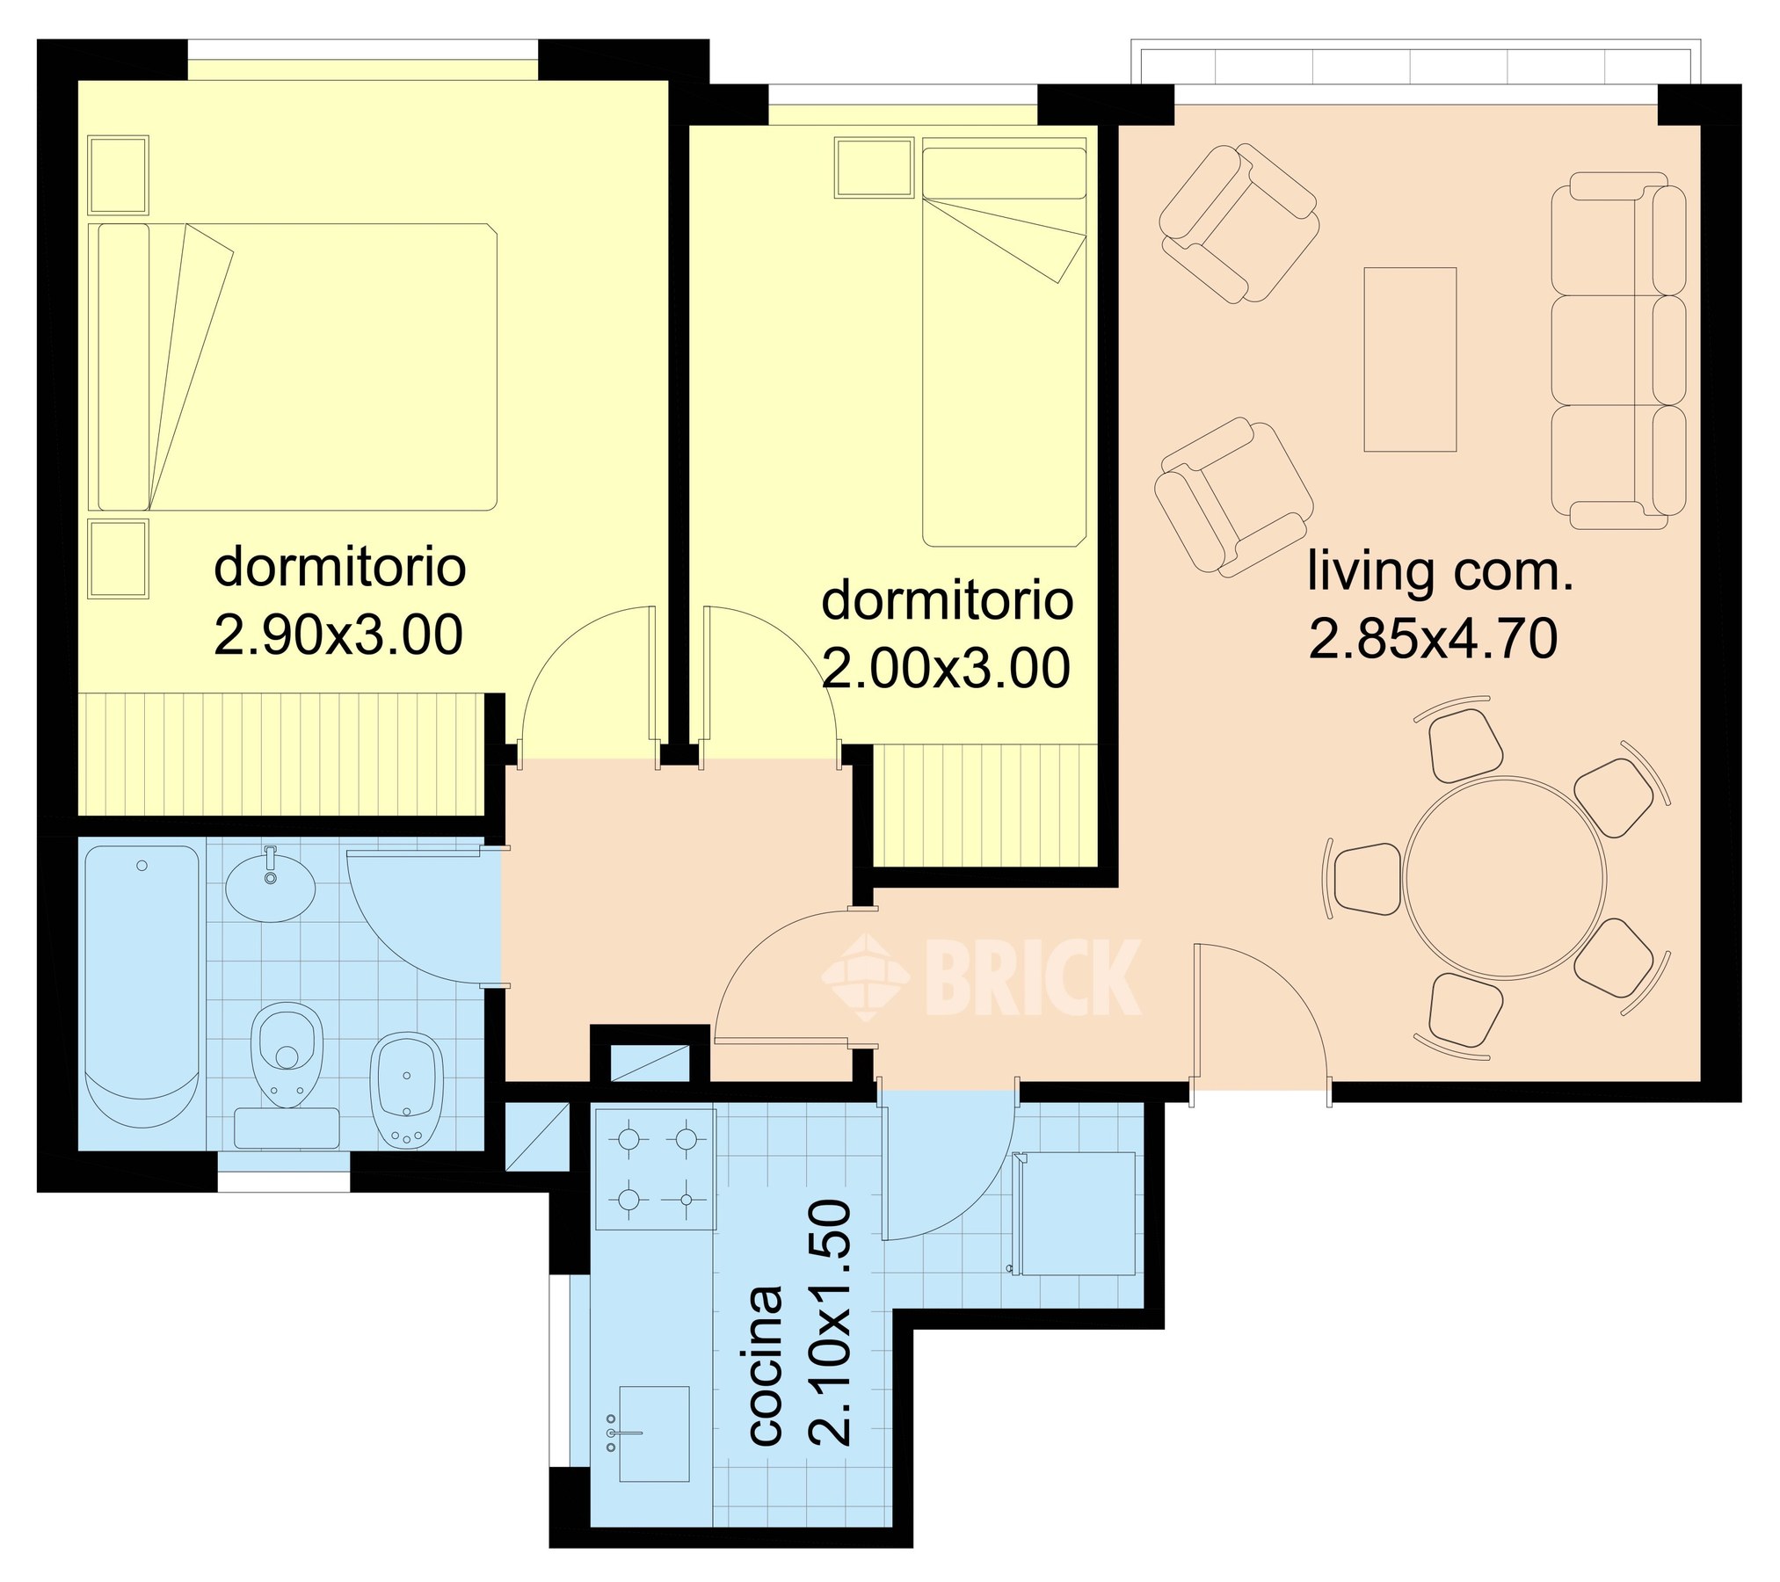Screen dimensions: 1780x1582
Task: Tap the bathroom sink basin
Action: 271,889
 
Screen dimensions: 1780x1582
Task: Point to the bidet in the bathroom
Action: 407,1090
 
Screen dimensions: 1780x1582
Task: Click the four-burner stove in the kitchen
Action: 656,1168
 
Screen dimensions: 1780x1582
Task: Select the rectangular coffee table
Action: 1410,359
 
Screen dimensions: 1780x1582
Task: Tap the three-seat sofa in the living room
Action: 1618,351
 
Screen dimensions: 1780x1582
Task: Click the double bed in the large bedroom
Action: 297,366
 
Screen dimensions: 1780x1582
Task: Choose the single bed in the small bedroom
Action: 1005,346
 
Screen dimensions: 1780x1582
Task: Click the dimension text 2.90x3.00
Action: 338,635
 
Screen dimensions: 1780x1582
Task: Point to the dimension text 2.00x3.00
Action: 947,668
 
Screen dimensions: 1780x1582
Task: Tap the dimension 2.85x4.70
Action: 1434,638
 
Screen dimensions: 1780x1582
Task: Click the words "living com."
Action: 1440,570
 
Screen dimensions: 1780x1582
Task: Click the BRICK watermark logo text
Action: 1033,976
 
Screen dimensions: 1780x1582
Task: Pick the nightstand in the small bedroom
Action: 874,167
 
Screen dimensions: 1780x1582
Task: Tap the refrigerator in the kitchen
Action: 1073,1213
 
